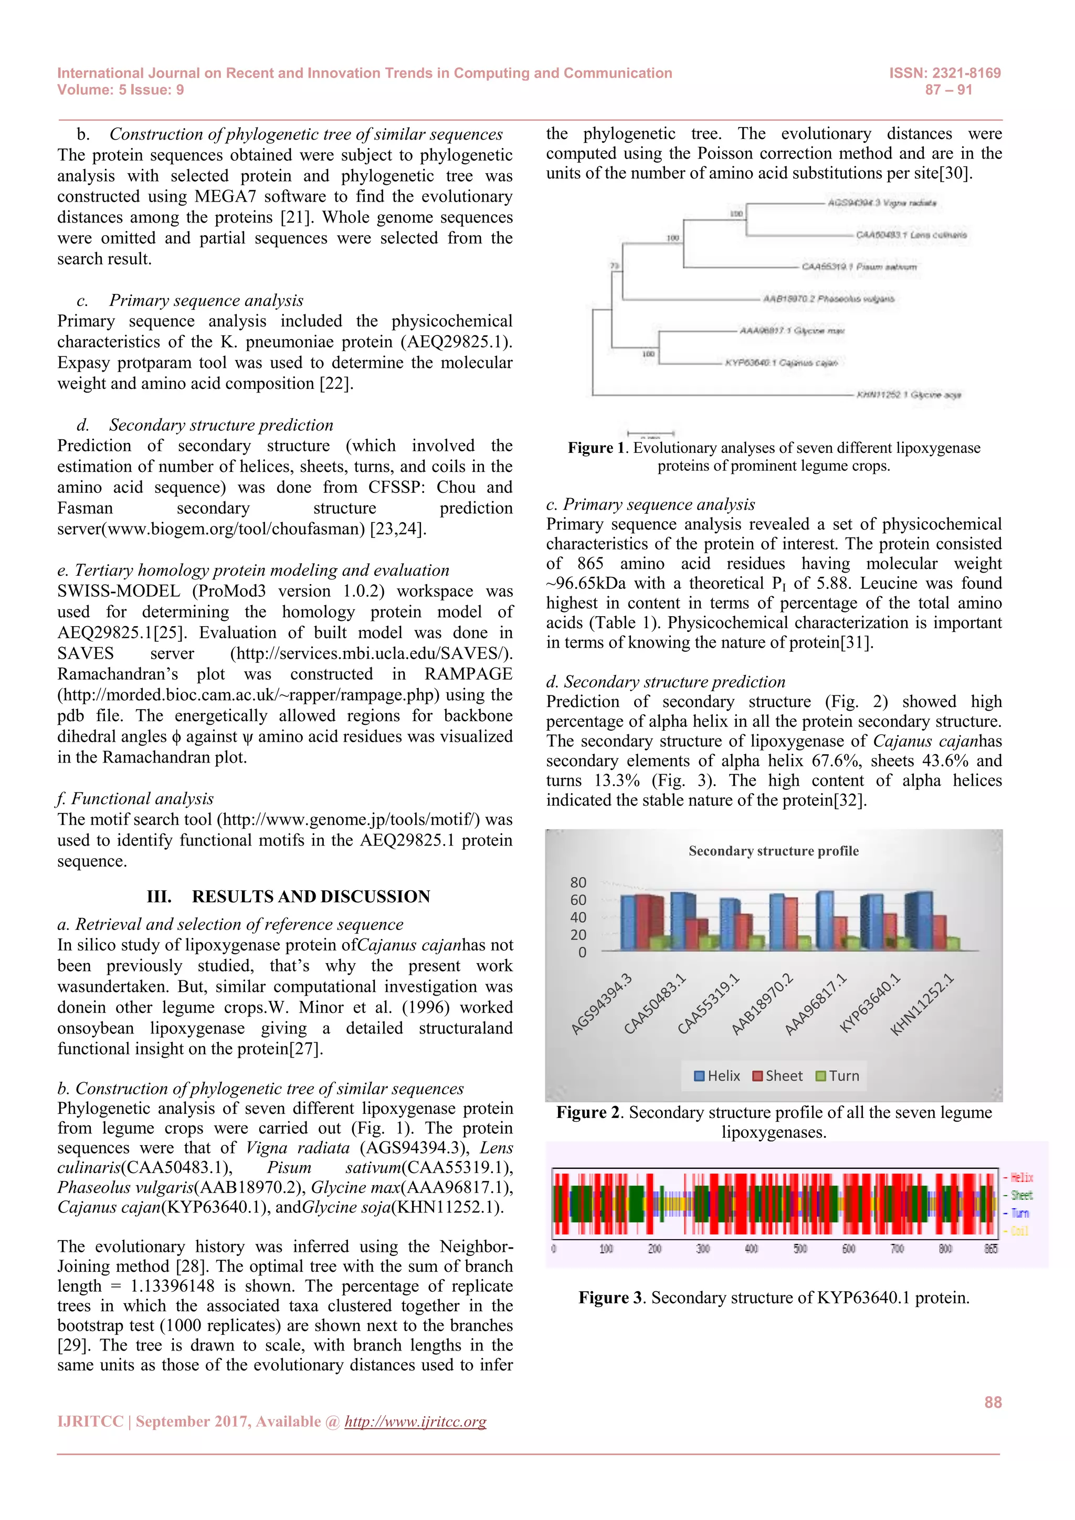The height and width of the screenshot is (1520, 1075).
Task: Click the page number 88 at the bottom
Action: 992,1402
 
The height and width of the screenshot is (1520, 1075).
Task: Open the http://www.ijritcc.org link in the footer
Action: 415,1421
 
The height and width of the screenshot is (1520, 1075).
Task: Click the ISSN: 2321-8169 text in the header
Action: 945,73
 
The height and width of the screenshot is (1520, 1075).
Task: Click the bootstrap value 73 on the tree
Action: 614,266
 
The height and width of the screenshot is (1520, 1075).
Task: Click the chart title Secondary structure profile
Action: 773,851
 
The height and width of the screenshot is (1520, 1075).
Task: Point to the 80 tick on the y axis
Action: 578,882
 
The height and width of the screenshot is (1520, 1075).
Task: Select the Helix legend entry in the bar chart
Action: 717,1076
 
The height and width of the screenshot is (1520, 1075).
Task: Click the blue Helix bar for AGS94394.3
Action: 628,923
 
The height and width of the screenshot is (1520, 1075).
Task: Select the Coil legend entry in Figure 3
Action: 1019,1231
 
